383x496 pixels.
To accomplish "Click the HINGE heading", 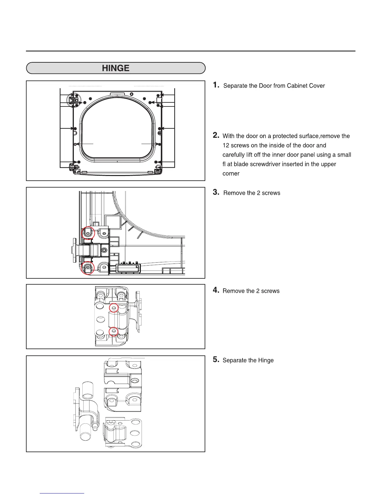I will pos(115,68).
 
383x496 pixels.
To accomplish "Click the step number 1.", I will pos(216,85).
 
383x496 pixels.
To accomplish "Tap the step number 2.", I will pos(216,135).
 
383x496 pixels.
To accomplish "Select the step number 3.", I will pos(216,192).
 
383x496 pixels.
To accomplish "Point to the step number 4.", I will pos(216,290).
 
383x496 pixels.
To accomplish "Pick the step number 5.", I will pos(216,359).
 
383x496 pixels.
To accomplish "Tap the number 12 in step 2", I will pos(226,145).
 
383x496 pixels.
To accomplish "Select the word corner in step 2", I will pos(231,173).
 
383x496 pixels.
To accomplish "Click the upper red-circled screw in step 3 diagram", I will pos(88,233).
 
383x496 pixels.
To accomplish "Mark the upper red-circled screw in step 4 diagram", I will pos(114,308).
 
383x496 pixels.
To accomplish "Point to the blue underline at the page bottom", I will pos(62,493).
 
